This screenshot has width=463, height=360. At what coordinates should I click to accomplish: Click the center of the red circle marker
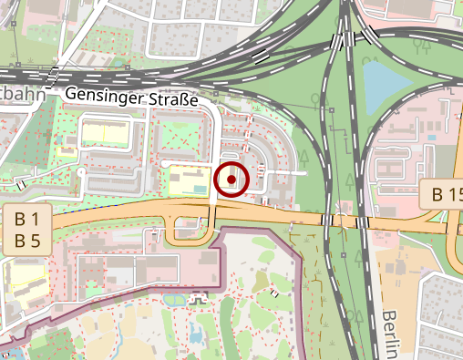click(231, 180)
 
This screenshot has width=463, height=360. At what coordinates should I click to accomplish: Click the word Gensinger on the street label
click(99, 93)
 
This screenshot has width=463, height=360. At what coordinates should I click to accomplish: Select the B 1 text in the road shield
click(26, 220)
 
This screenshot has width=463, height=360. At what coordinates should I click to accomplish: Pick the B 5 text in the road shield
click(26, 242)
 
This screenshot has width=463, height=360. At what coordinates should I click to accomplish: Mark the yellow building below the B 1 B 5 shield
click(24, 273)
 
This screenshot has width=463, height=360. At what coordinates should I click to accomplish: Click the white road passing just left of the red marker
click(213, 164)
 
